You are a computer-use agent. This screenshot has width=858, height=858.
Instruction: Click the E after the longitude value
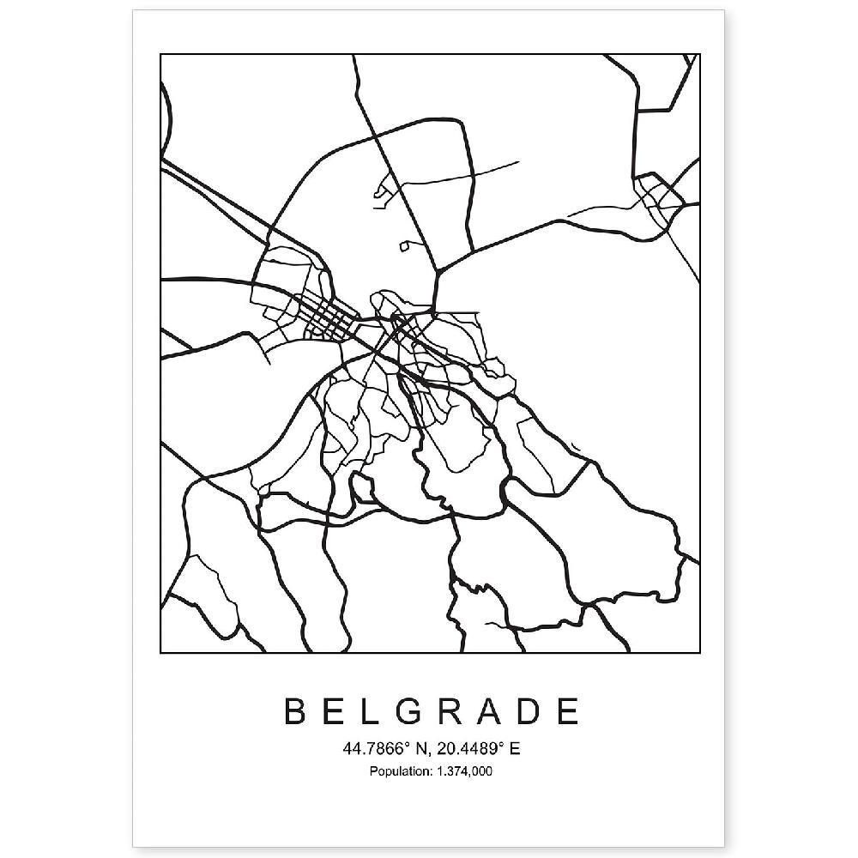[x=515, y=749]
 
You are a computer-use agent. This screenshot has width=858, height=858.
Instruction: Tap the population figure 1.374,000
[x=464, y=772]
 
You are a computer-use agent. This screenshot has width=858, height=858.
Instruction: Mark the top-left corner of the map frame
[x=161, y=55]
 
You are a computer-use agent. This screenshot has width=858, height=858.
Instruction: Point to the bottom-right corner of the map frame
[x=700, y=652]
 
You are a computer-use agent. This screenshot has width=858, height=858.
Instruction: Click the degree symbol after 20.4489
[x=504, y=745]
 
